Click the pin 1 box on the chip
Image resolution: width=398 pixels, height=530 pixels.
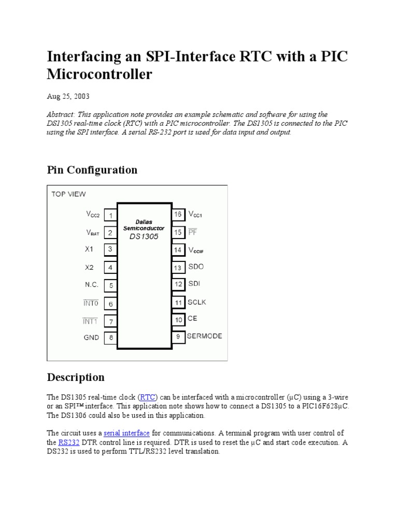click(110, 215)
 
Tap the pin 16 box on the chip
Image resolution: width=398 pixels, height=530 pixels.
click(178, 214)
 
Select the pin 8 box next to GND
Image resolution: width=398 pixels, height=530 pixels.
click(110, 338)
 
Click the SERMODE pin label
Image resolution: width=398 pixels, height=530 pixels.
click(204, 336)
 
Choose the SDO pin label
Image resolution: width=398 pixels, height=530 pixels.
click(195, 267)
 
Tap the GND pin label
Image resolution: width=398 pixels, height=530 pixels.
click(92, 337)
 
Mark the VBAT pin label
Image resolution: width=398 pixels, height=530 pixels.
click(93, 233)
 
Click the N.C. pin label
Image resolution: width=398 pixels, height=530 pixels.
click(92, 285)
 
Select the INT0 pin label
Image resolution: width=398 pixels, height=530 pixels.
click(91, 303)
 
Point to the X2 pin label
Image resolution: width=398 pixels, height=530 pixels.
click(89, 267)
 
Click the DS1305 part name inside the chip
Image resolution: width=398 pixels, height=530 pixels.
click(144, 237)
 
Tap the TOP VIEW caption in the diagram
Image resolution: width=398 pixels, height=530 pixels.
click(68, 194)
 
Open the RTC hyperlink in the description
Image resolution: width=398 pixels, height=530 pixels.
click(148, 397)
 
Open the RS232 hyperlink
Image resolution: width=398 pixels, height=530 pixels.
click(69, 442)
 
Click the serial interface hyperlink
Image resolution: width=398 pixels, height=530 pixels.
click(126, 433)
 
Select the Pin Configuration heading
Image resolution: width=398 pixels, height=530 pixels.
click(92, 170)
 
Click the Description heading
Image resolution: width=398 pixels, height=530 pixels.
click(76, 377)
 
